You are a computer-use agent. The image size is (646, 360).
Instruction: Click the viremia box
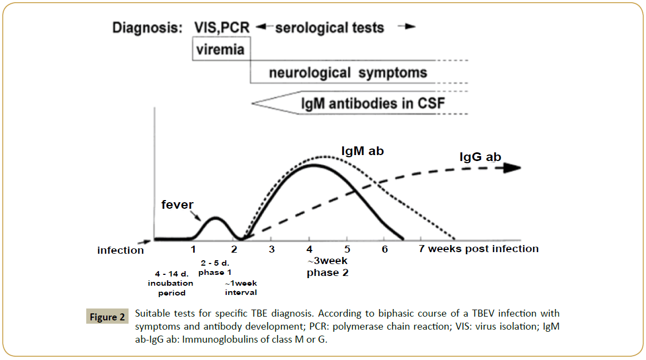click(x=221, y=49)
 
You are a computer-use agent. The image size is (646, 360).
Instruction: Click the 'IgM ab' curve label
click(x=362, y=150)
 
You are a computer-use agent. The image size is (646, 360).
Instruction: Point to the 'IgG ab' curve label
click(x=481, y=157)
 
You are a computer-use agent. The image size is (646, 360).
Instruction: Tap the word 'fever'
click(x=177, y=204)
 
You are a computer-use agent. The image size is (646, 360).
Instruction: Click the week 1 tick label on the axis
click(x=193, y=249)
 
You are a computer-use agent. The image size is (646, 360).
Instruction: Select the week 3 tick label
click(x=272, y=249)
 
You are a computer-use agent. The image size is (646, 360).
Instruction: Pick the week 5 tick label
click(x=347, y=249)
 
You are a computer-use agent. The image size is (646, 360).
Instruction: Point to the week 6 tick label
click(x=385, y=249)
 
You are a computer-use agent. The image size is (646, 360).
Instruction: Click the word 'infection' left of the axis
click(x=120, y=250)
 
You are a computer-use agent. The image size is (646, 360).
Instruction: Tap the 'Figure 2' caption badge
click(x=107, y=317)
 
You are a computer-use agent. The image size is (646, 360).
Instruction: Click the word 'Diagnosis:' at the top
click(x=147, y=28)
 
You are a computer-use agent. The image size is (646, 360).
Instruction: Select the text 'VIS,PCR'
click(x=221, y=28)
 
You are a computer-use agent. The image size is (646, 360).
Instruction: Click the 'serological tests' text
click(x=329, y=28)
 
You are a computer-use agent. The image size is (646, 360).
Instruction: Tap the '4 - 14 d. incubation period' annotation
click(x=171, y=283)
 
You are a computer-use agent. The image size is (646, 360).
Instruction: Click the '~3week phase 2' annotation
click(x=327, y=267)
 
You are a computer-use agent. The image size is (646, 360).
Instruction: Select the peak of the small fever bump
click(x=215, y=217)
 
